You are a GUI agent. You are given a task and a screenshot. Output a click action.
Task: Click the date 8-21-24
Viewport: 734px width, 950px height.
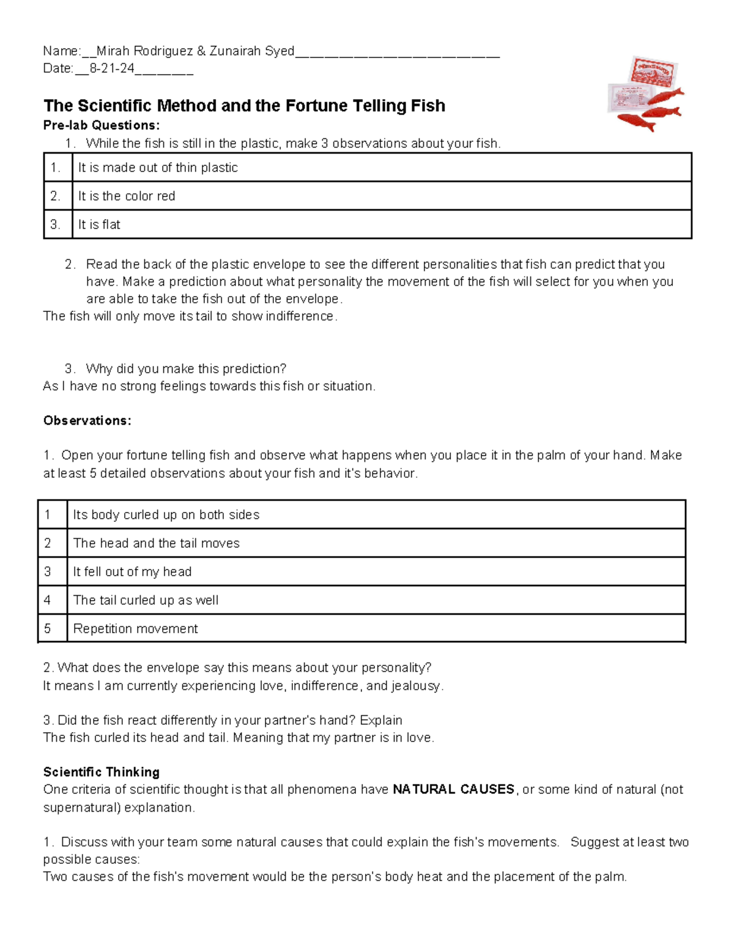click(x=112, y=69)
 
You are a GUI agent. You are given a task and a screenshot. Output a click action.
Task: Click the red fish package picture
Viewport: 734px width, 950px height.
click(x=645, y=93)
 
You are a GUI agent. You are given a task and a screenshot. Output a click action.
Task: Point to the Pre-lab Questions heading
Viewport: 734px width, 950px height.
click(x=102, y=125)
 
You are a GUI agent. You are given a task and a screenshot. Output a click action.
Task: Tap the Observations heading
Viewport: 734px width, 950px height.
click(x=87, y=421)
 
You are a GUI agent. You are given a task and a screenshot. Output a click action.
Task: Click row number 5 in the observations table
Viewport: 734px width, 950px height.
click(x=48, y=629)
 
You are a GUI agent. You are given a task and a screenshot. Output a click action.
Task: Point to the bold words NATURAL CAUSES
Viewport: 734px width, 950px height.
click(x=453, y=790)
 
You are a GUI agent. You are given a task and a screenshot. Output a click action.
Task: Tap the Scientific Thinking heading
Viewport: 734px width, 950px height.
click(x=102, y=772)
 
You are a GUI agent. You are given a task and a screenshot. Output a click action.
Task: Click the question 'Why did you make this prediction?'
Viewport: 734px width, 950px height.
click(x=186, y=369)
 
